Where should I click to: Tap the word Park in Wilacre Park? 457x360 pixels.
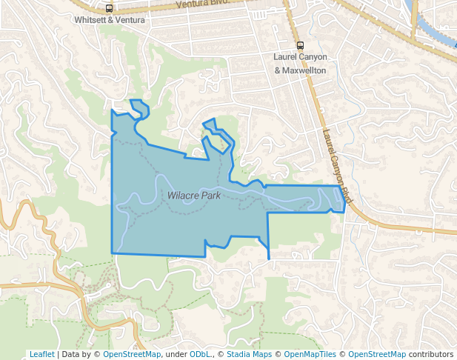(x=212, y=196)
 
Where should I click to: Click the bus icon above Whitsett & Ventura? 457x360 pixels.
(x=110, y=9)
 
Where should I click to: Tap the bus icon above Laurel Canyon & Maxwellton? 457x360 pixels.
(x=300, y=45)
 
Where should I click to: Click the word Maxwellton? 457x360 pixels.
(x=307, y=70)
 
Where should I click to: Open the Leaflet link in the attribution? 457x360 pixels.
(x=41, y=354)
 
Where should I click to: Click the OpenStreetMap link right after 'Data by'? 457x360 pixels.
(x=131, y=354)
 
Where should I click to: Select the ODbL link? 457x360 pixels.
(x=200, y=354)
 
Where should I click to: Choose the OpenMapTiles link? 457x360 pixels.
(x=312, y=354)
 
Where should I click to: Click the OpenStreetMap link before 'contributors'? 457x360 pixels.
(x=377, y=354)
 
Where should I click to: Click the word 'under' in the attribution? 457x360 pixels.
(x=176, y=354)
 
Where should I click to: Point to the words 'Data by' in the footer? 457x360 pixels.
(x=79, y=354)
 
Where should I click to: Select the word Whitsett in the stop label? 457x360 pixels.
(x=88, y=20)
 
